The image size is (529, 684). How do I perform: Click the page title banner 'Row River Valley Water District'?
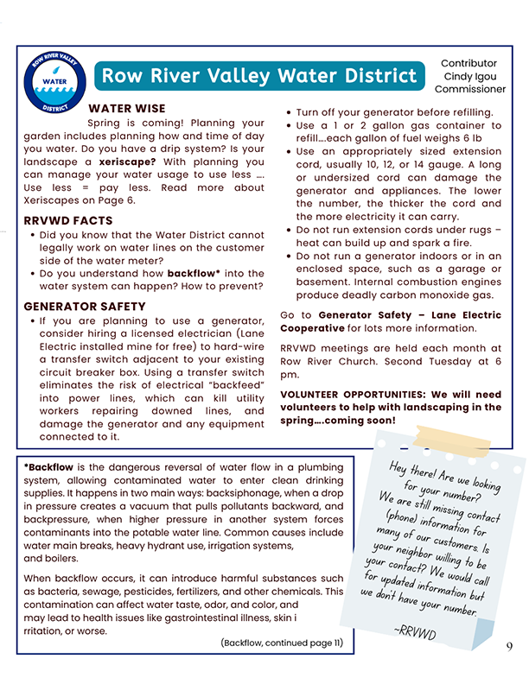[x=259, y=76]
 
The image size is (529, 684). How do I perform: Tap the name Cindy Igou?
[x=469, y=76]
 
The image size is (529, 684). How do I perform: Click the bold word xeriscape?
[x=127, y=161]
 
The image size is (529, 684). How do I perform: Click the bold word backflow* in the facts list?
[x=194, y=273]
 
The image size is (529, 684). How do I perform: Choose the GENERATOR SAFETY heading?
[x=85, y=307]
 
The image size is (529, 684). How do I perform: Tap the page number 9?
[x=509, y=647]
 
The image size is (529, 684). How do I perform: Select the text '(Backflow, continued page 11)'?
[x=282, y=643]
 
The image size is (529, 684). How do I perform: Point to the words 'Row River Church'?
[x=320, y=361]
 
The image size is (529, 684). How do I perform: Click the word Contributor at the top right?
[x=469, y=63]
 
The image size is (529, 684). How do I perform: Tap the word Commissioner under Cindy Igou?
[x=469, y=89]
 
